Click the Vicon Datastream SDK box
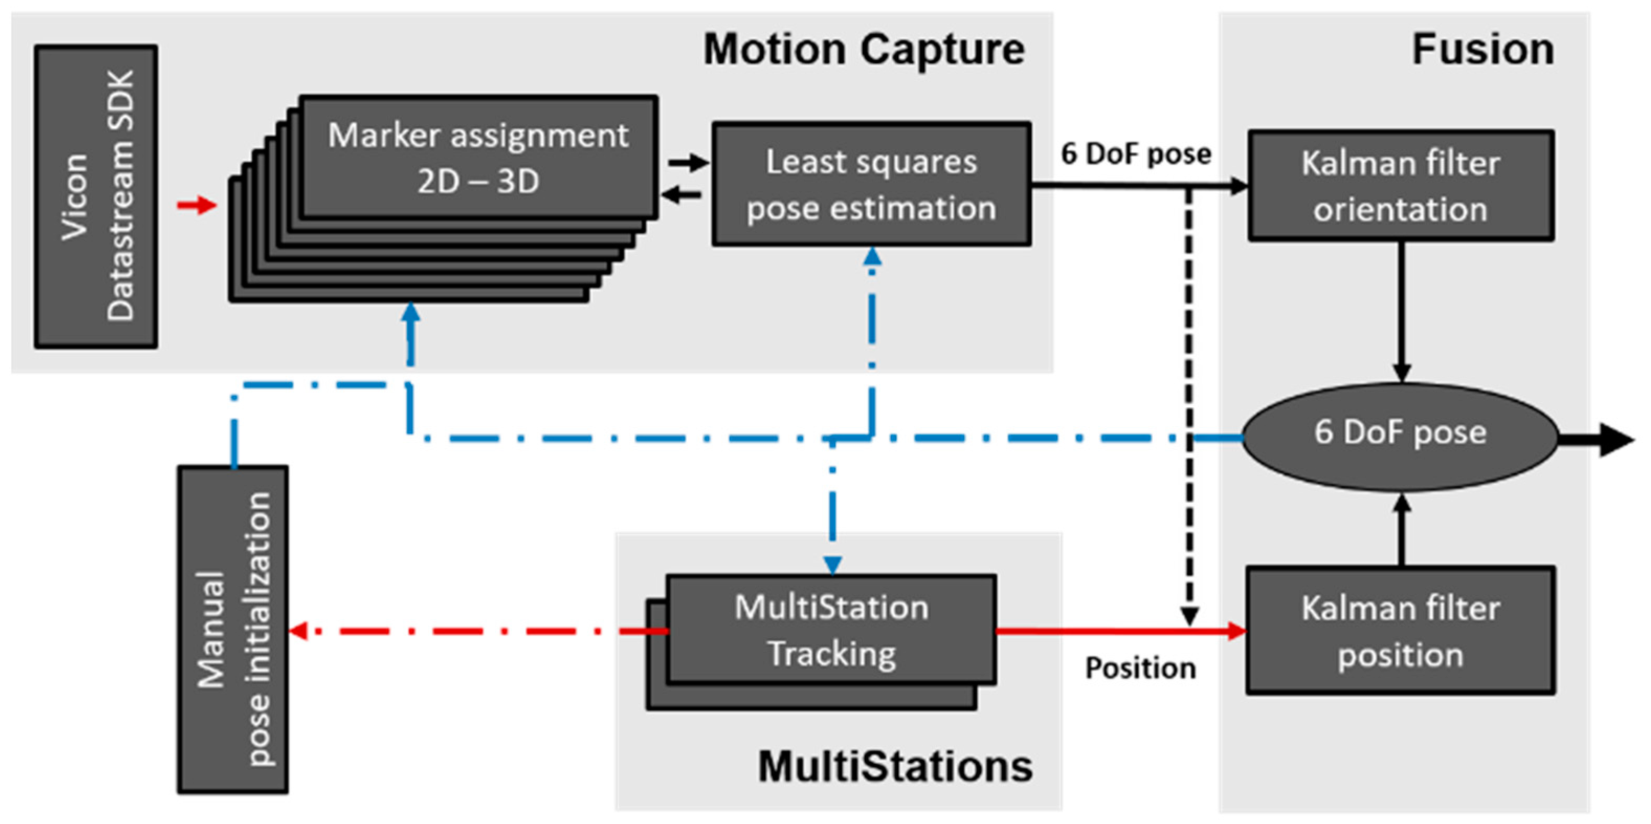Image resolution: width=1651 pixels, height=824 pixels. pyautogui.click(x=96, y=196)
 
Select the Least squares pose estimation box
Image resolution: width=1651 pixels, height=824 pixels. pyautogui.click(x=871, y=184)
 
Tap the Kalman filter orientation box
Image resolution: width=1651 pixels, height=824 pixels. pyautogui.click(x=1400, y=186)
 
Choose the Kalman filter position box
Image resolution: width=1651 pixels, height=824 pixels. pyautogui.click(x=1400, y=630)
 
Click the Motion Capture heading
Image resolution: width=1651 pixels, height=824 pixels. pyautogui.click(x=863, y=49)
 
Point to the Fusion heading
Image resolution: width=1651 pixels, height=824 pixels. pyautogui.click(x=1482, y=49)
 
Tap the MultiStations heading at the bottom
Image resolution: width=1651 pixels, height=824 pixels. pyautogui.click(x=895, y=766)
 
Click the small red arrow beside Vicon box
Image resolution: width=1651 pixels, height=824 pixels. pyautogui.click(x=197, y=205)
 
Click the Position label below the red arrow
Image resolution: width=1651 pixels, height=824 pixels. pyautogui.click(x=1140, y=669)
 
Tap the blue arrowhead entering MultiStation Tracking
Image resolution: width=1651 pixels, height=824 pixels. pyautogui.click(x=832, y=564)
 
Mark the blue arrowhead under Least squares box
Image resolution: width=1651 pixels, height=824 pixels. pyautogui.click(x=872, y=257)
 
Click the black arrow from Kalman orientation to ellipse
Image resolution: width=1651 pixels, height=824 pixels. pyautogui.click(x=1402, y=314)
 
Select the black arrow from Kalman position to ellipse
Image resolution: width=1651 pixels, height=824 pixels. pyautogui.click(x=1402, y=529)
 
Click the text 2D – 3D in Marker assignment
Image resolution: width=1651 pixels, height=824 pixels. pyautogui.click(x=478, y=182)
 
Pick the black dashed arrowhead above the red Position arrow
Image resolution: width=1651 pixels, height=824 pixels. pyautogui.click(x=1189, y=615)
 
